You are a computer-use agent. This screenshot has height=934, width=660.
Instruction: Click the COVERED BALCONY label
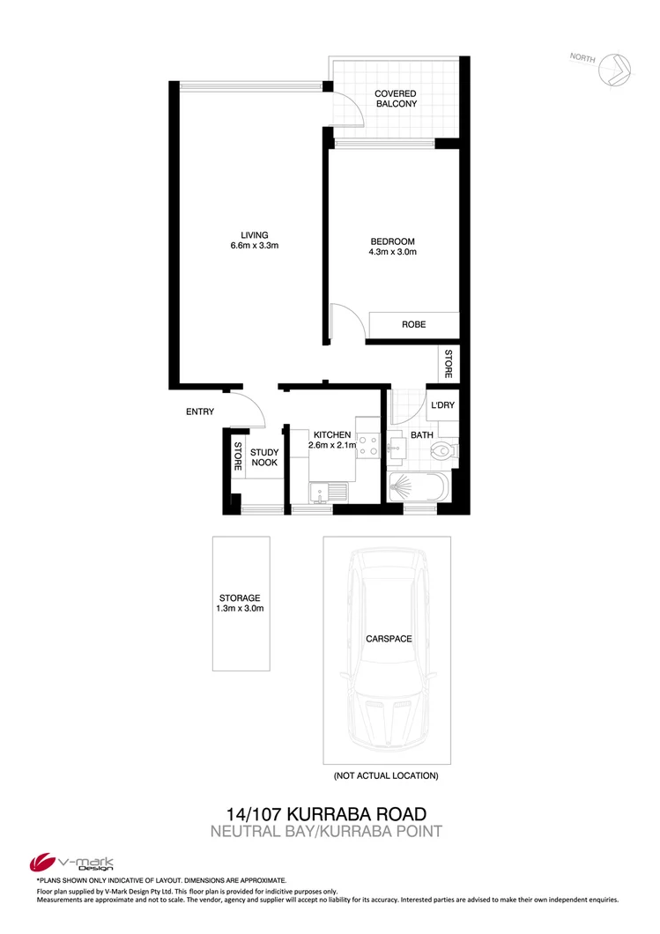(395, 98)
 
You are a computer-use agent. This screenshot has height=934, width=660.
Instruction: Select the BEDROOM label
(392, 241)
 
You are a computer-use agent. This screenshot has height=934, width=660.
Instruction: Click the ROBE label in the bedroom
(413, 324)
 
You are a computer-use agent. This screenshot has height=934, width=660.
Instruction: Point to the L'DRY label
(441, 406)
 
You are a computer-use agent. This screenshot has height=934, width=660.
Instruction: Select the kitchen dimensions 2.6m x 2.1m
(331, 446)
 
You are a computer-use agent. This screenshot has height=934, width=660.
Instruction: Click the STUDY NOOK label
(265, 457)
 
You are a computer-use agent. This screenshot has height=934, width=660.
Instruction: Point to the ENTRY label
(200, 411)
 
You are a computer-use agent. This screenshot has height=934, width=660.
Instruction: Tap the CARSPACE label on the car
(388, 639)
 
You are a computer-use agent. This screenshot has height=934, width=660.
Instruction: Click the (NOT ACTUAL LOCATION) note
(385, 776)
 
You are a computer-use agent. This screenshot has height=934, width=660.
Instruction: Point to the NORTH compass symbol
(614, 67)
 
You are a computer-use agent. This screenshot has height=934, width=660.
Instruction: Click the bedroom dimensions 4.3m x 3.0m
(392, 252)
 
